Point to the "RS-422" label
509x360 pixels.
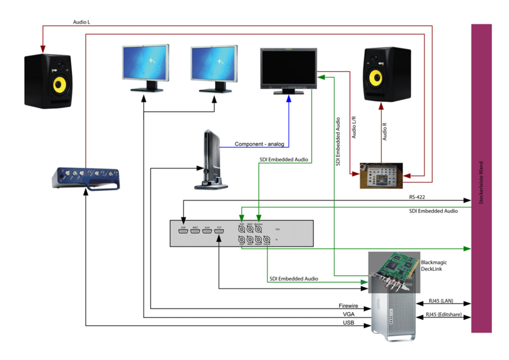[x=417, y=197]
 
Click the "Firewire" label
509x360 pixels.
[x=348, y=306]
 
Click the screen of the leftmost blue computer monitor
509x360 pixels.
[x=145, y=63]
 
